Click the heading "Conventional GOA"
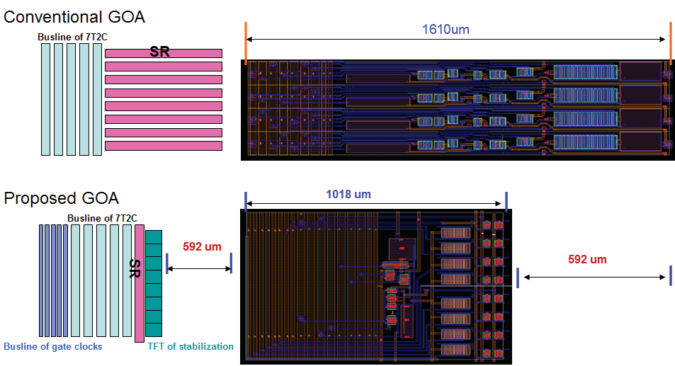[x=79, y=16]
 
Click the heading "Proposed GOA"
[x=62, y=198]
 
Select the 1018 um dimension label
[x=348, y=194]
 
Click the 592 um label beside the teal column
[x=202, y=247]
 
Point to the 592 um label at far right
[x=587, y=260]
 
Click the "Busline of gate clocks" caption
[x=53, y=346]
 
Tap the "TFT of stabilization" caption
[x=190, y=346]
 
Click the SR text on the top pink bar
[x=160, y=52]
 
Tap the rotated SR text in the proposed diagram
[x=133, y=268]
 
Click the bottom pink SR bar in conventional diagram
[x=163, y=146]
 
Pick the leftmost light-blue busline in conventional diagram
[x=45, y=99]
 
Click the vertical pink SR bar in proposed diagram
[x=140, y=283]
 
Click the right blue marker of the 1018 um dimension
[x=506, y=200]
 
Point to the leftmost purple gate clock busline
[x=41, y=280]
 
